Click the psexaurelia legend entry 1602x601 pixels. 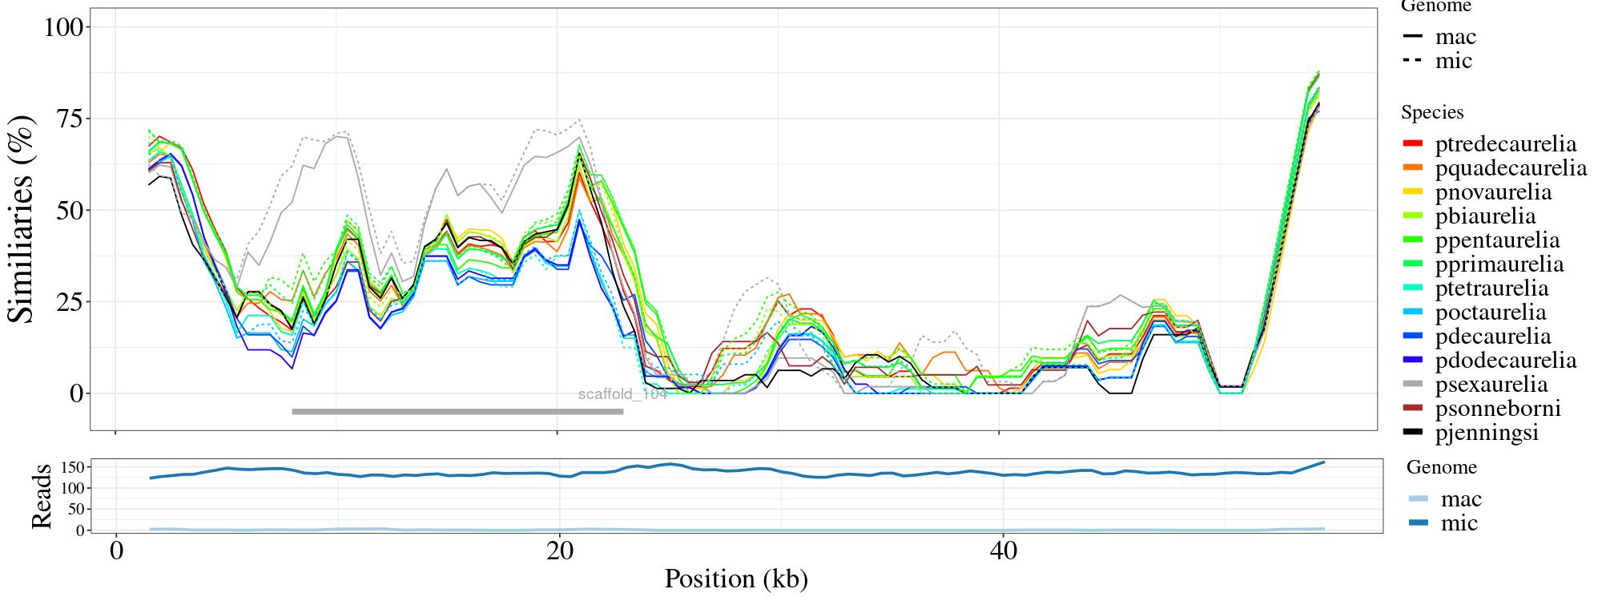click(1490, 385)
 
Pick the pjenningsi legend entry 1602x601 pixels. click(1486, 433)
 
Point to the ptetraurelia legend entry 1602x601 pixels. click(1491, 288)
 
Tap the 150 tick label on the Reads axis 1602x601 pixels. click(70, 467)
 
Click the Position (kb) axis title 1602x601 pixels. click(735, 579)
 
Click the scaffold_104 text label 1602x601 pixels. click(622, 394)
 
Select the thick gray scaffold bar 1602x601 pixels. click(457, 412)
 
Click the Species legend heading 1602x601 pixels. click(1432, 113)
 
